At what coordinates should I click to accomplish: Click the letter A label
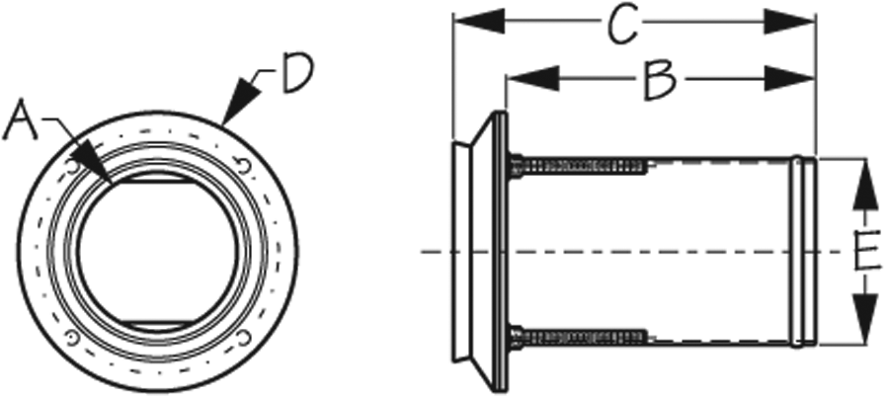20,120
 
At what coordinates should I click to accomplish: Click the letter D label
297,73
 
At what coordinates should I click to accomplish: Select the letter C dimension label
622,24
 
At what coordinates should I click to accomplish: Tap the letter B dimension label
660,81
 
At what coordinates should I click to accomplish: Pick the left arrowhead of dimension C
479,22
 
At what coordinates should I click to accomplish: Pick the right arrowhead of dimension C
790,22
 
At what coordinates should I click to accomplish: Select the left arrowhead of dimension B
531,78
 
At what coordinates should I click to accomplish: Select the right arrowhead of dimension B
790,78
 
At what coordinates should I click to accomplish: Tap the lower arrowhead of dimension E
864,319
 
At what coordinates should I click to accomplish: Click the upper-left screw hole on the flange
72,167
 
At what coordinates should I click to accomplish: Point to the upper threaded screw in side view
578,166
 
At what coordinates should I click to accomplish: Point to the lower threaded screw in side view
578,337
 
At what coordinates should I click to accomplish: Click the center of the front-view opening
158,251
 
